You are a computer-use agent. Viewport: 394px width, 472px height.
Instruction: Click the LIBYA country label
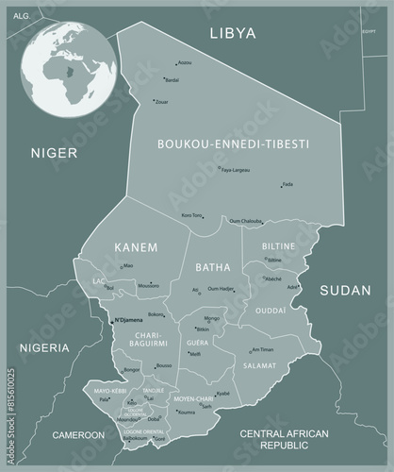coord(231,34)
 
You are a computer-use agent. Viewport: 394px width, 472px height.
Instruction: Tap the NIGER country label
coord(53,152)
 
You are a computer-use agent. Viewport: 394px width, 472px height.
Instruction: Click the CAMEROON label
coord(78,435)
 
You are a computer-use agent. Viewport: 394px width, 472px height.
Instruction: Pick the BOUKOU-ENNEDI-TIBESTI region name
coord(234,143)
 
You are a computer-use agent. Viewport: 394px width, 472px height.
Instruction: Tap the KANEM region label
coord(135,246)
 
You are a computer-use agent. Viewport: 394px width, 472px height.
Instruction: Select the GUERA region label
coord(198,344)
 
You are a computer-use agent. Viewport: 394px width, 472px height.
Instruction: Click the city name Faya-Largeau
coord(235,170)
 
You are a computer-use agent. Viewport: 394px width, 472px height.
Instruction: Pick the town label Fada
coord(287,185)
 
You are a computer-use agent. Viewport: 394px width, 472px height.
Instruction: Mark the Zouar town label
coord(161,101)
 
